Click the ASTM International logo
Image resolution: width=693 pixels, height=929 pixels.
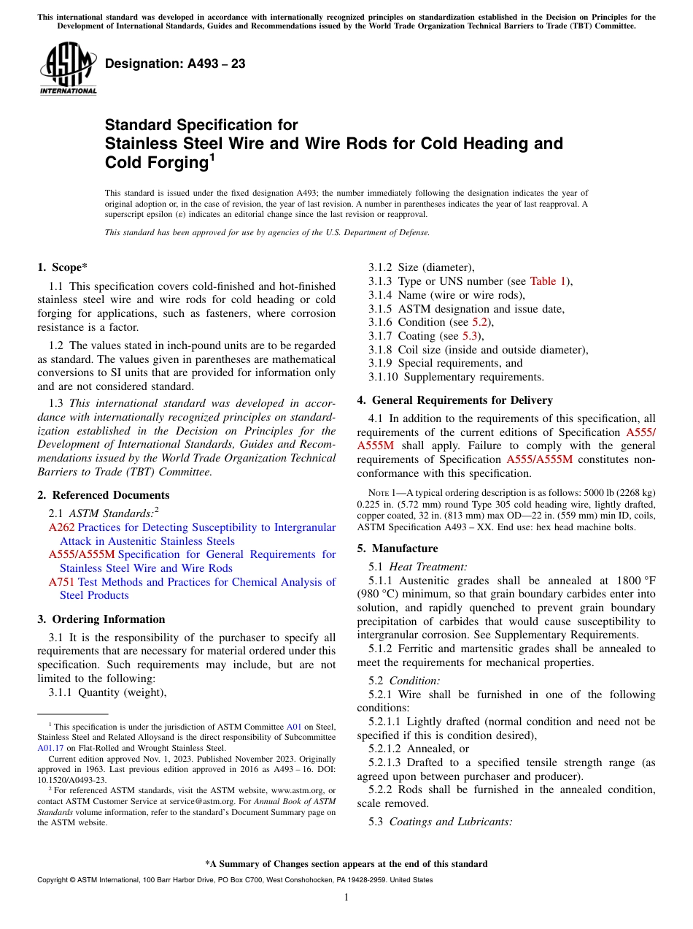tap(68, 69)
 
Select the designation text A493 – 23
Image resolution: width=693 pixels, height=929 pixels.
tap(175, 64)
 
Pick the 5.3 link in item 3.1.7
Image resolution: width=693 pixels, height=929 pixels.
tap(471, 336)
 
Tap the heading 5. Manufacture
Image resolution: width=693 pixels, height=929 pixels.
tap(398, 548)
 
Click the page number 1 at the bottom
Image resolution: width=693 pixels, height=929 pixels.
tap(346, 897)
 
